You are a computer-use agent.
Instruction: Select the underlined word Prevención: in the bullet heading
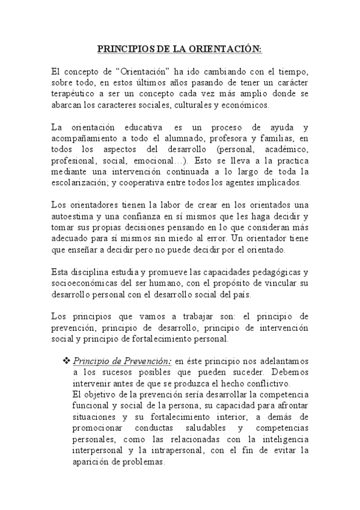(x=146, y=361)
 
